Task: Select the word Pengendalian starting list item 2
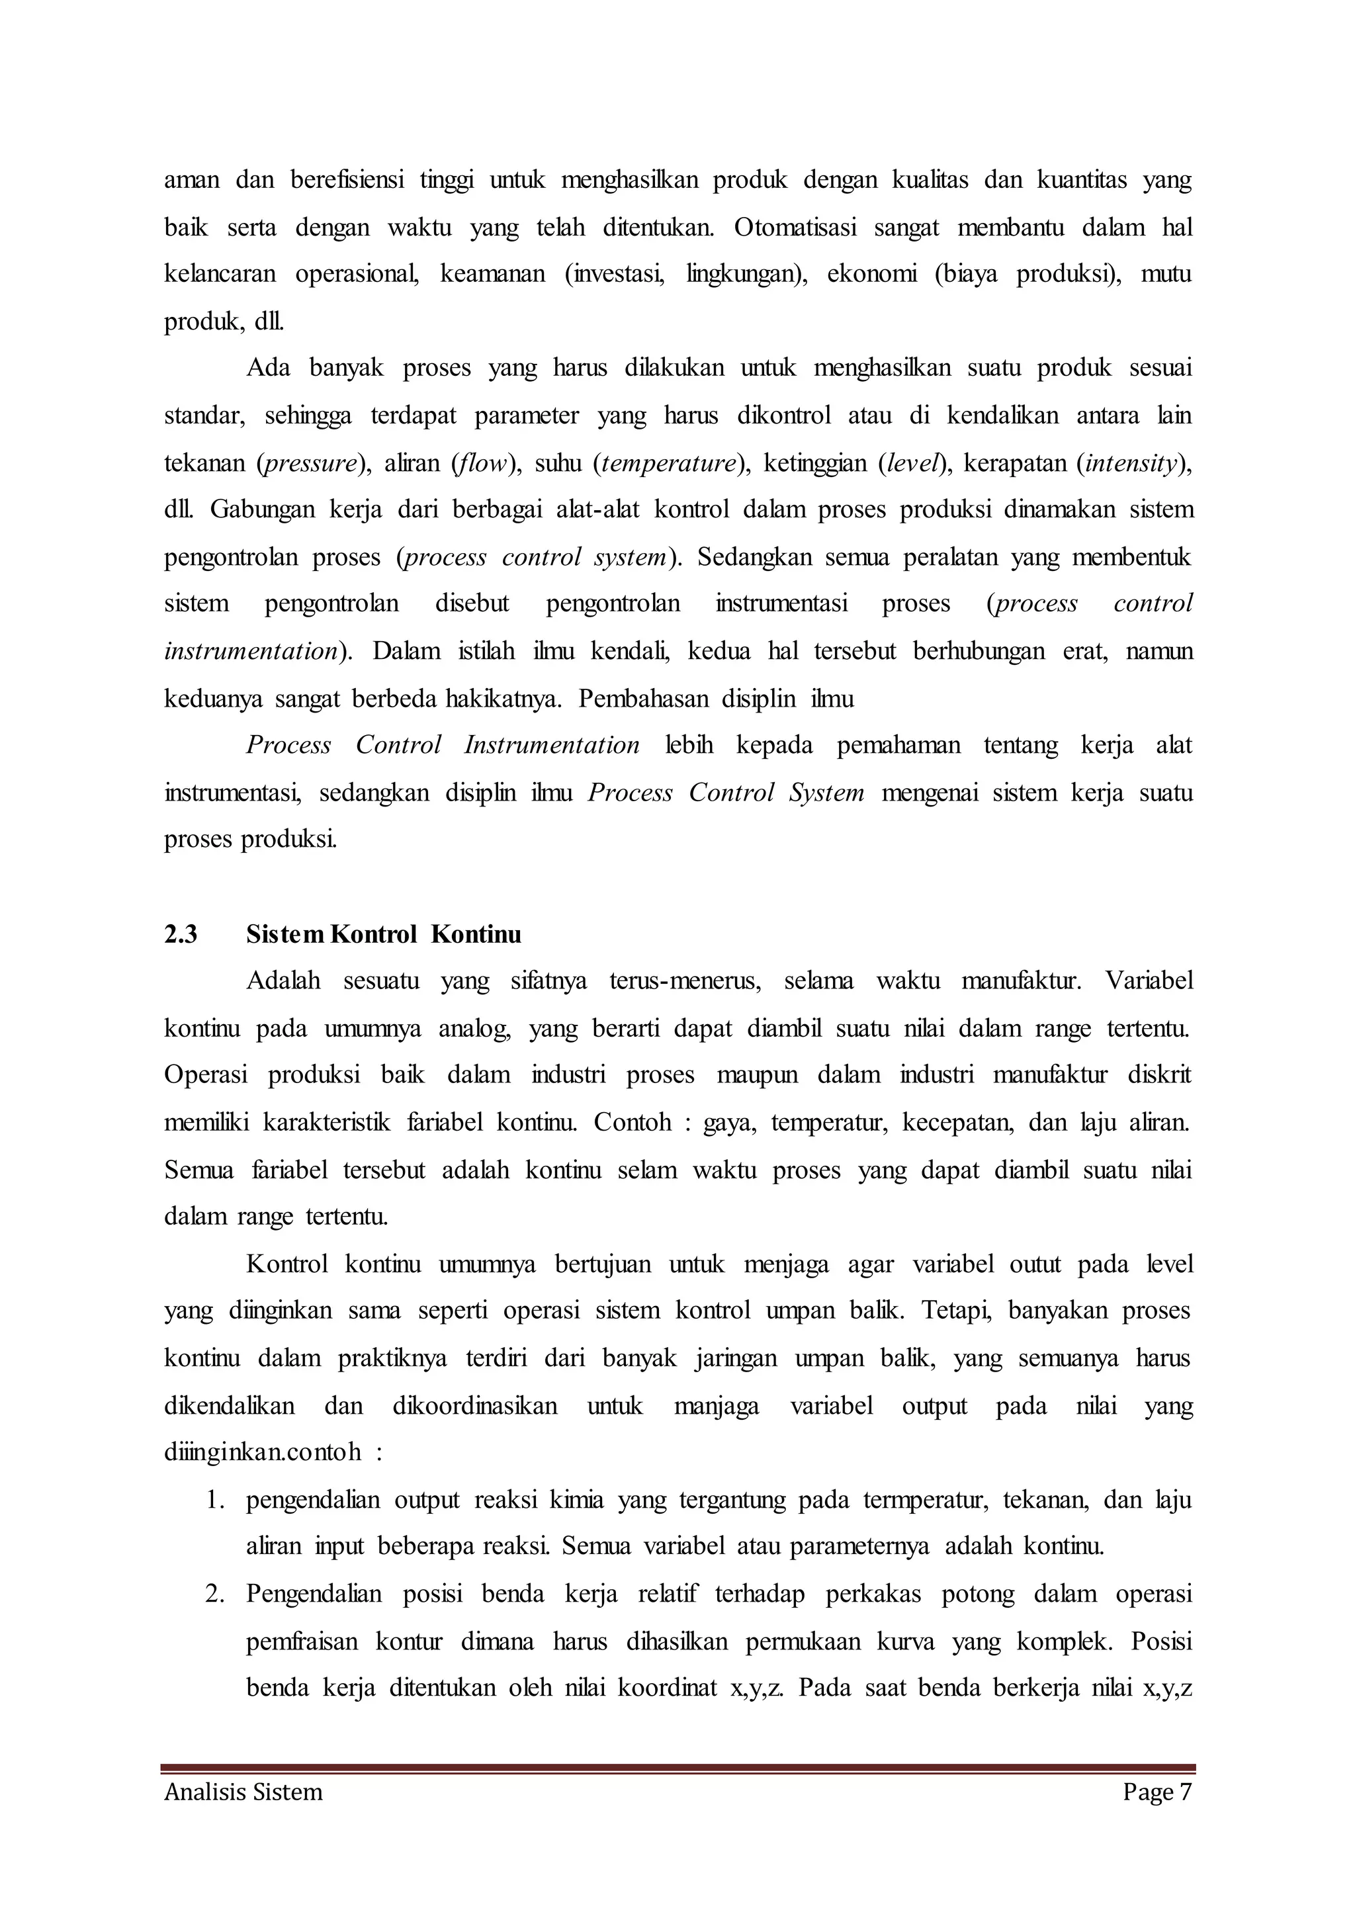[313, 1594]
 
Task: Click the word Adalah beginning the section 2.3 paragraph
[283, 980]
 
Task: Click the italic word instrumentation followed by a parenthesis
[249, 651]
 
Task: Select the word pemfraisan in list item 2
[302, 1642]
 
